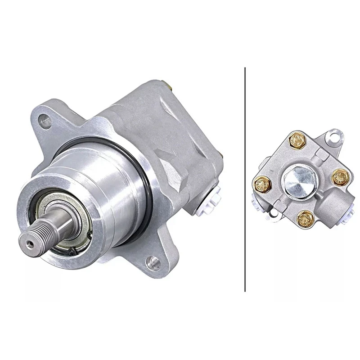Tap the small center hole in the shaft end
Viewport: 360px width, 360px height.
(x=29, y=243)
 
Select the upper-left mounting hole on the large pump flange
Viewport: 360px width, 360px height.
(x=44, y=120)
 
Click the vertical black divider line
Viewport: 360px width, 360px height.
(x=245, y=180)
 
